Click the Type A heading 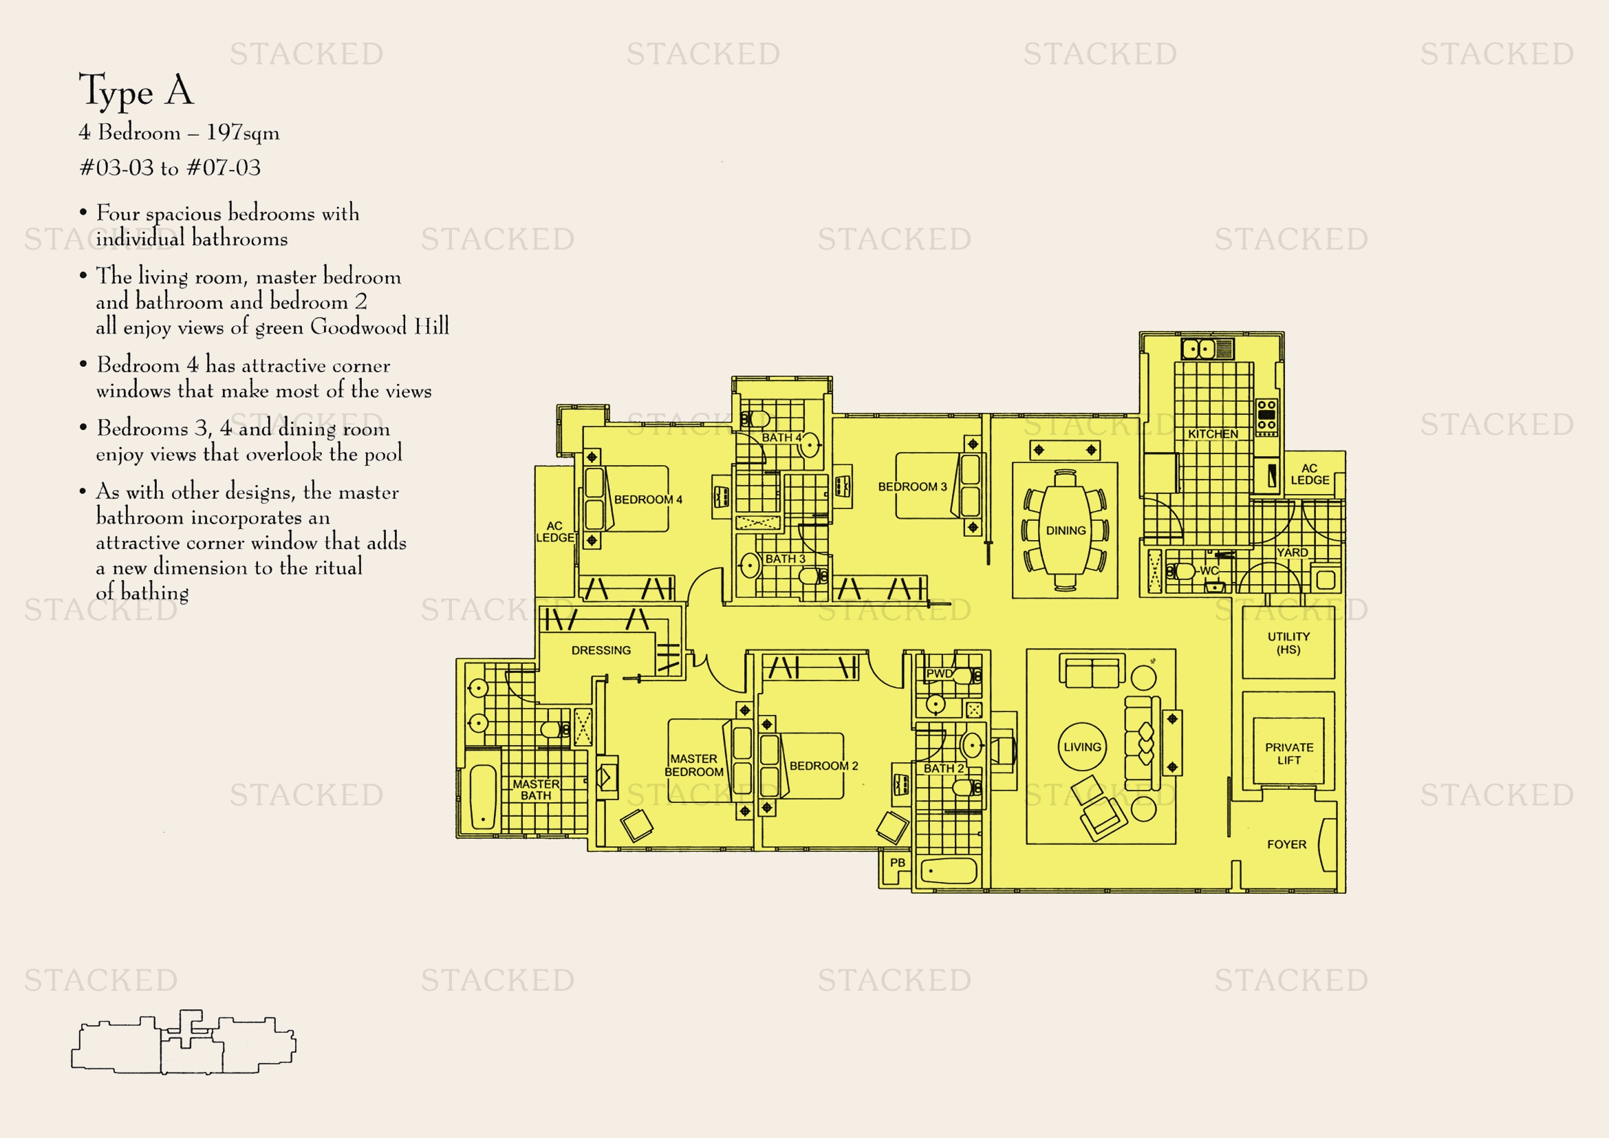click(136, 91)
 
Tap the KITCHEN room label click(1213, 433)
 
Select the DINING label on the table click(1066, 530)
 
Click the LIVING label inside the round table click(1083, 747)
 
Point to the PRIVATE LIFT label click(1289, 754)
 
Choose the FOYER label click(1286, 844)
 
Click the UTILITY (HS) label click(1288, 643)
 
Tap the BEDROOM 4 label click(648, 500)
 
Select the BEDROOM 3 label click(912, 486)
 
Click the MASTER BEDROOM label click(694, 765)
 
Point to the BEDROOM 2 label click(824, 766)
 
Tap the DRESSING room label click(601, 650)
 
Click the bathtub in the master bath click(482, 797)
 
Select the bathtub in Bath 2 click(948, 871)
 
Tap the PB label click(898, 863)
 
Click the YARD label click(1293, 552)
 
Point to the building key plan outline click(184, 1042)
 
